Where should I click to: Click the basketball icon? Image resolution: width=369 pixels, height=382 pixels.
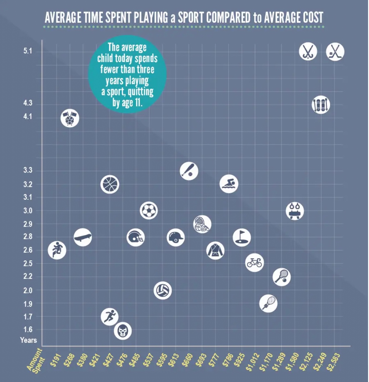[x=110, y=184]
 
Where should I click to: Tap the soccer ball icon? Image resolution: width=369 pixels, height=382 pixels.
[x=149, y=210]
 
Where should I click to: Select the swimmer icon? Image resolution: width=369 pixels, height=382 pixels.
[x=229, y=184]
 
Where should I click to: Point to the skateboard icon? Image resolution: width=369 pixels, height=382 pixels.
[x=83, y=237]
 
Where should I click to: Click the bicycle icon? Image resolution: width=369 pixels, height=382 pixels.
[x=254, y=262]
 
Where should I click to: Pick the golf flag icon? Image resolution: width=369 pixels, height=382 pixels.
[x=242, y=237]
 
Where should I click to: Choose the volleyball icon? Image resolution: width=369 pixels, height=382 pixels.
[x=163, y=290]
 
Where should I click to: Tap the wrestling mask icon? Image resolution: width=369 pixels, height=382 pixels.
[x=123, y=331]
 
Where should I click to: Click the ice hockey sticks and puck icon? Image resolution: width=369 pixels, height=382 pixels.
[x=335, y=52]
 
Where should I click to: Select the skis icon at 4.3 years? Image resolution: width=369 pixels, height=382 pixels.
[x=321, y=104]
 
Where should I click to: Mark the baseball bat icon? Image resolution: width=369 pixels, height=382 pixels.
[x=189, y=171]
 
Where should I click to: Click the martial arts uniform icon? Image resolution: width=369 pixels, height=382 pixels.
[x=215, y=250]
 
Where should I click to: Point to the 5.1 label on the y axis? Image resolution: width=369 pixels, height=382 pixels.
[x=28, y=51]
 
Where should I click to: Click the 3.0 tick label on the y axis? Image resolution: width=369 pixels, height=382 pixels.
[x=28, y=211]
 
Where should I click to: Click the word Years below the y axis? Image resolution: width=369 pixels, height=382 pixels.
[x=28, y=340]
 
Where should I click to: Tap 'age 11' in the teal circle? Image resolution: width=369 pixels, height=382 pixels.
[x=132, y=103]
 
